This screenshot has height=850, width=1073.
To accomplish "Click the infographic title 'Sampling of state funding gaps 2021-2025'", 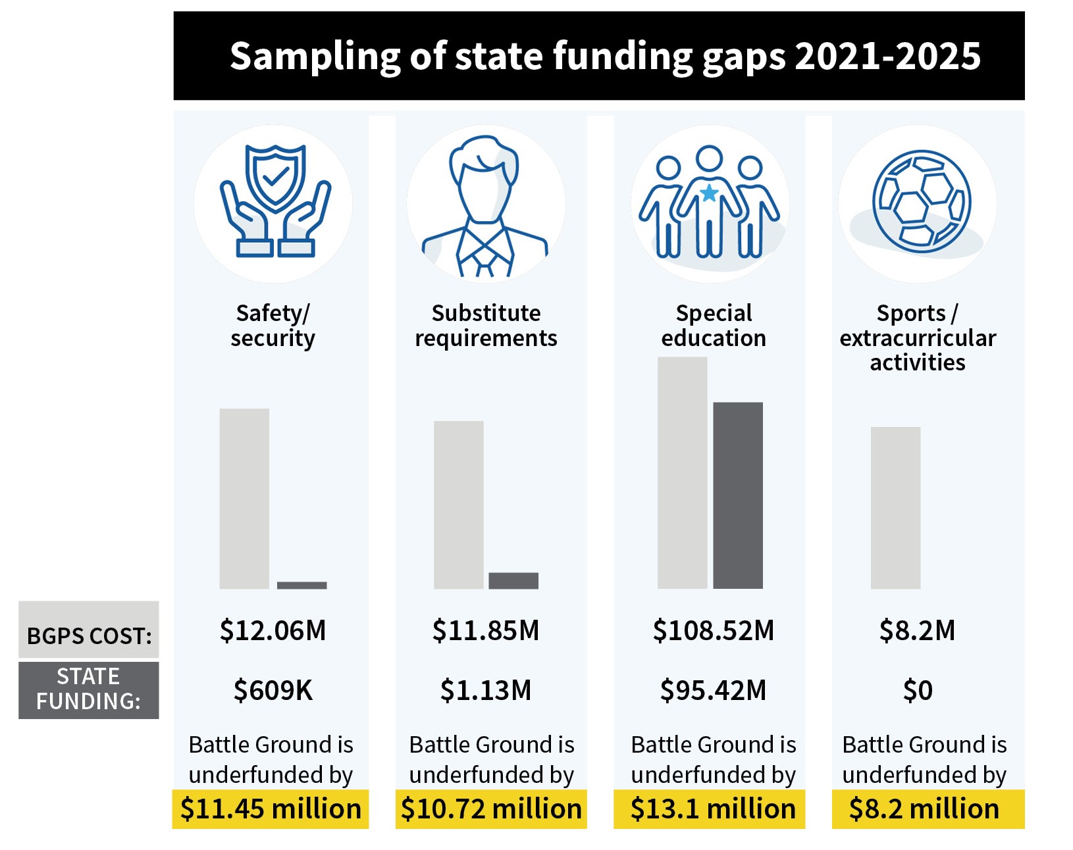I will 604,56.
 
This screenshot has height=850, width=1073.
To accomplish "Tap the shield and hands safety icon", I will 275,201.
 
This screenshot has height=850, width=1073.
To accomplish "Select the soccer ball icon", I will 921,201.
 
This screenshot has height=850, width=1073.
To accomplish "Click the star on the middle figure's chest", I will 709,193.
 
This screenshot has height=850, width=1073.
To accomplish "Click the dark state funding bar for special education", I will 737,495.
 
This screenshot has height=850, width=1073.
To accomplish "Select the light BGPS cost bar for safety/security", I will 244,498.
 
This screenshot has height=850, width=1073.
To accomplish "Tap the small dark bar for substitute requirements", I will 513,580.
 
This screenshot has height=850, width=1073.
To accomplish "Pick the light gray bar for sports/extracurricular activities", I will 895,507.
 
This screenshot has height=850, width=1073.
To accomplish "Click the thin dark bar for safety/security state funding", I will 301,585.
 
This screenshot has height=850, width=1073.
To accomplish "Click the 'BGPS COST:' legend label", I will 89,635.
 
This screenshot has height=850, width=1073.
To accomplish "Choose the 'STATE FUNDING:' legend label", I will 88,689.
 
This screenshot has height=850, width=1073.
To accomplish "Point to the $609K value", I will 273,690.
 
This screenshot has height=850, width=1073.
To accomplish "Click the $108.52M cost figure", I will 713,630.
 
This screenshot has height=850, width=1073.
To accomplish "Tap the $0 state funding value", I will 917,690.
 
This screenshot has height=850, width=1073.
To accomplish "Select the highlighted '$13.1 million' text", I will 712,809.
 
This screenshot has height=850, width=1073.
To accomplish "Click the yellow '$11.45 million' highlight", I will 271,809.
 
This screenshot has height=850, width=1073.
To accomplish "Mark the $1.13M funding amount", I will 485,690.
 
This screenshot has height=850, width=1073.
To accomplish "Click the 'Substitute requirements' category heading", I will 486,325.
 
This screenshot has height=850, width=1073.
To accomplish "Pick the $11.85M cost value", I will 485,630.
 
